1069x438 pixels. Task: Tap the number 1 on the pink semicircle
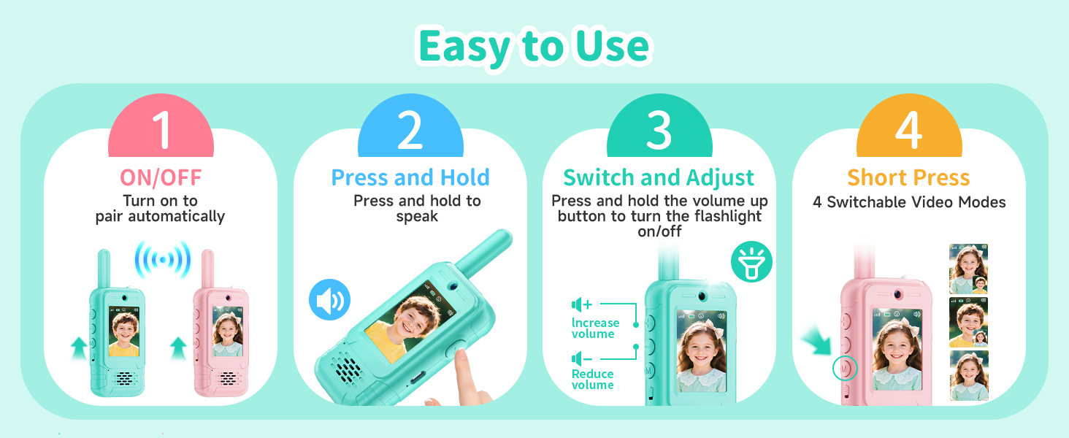(162, 130)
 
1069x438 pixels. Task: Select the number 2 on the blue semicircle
(410, 130)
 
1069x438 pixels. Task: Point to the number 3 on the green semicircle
(659, 130)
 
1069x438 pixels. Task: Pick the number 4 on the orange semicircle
(908, 130)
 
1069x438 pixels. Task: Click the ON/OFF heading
(161, 177)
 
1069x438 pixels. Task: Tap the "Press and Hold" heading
(410, 177)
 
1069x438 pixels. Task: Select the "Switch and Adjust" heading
(659, 177)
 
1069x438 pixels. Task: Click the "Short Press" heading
(908, 177)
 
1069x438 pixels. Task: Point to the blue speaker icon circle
(330, 299)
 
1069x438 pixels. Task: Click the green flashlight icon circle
(751, 261)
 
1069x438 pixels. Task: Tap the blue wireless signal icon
(163, 260)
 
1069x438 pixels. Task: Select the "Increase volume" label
(595, 328)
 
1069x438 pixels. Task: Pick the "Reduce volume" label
(593, 380)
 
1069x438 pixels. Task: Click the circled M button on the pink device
(845, 369)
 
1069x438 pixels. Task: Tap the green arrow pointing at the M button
(817, 342)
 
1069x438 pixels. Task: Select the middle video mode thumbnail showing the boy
(968, 322)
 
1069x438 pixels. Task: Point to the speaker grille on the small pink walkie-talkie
(227, 378)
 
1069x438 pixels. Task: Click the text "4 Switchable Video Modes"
(909, 202)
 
